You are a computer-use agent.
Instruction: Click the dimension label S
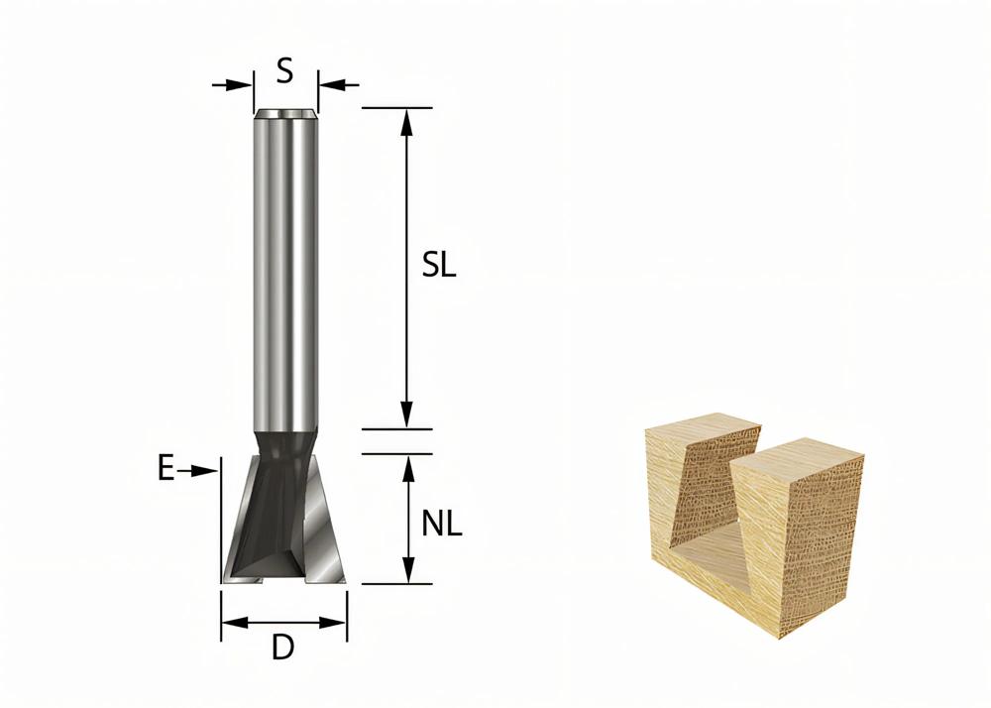click(284, 70)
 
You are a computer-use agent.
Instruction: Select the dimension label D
click(282, 649)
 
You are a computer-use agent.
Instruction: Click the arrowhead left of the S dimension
click(241, 84)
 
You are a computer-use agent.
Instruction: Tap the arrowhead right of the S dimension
click(330, 84)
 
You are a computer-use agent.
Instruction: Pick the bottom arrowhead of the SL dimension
click(405, 414)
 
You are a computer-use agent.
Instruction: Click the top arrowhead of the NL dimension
click(405, 467)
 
